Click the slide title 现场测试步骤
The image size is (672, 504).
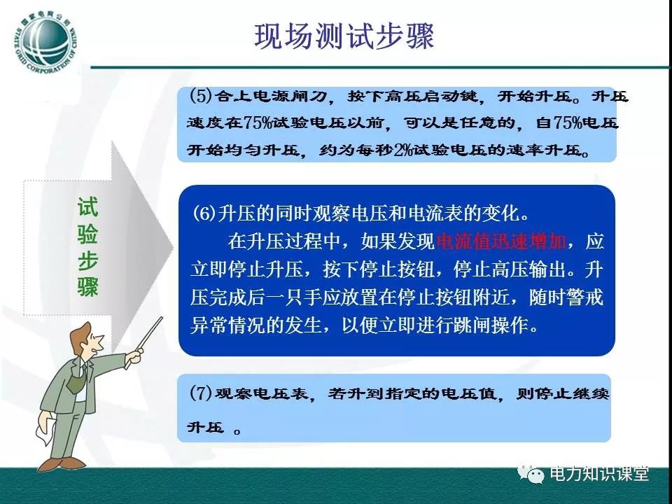tap(344, 36)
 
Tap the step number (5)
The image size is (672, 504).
tap(201, 95)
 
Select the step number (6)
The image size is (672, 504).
tap(204, 213)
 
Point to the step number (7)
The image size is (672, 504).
tap(201, 393)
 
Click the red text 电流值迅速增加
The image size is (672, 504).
tap(501, 241)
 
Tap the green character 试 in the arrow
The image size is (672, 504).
tap(88, 207)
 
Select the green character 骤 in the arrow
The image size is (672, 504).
tap(88, 286)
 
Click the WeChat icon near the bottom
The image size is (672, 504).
tap(531, 473)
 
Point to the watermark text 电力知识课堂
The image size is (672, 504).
tap(599, 474)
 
